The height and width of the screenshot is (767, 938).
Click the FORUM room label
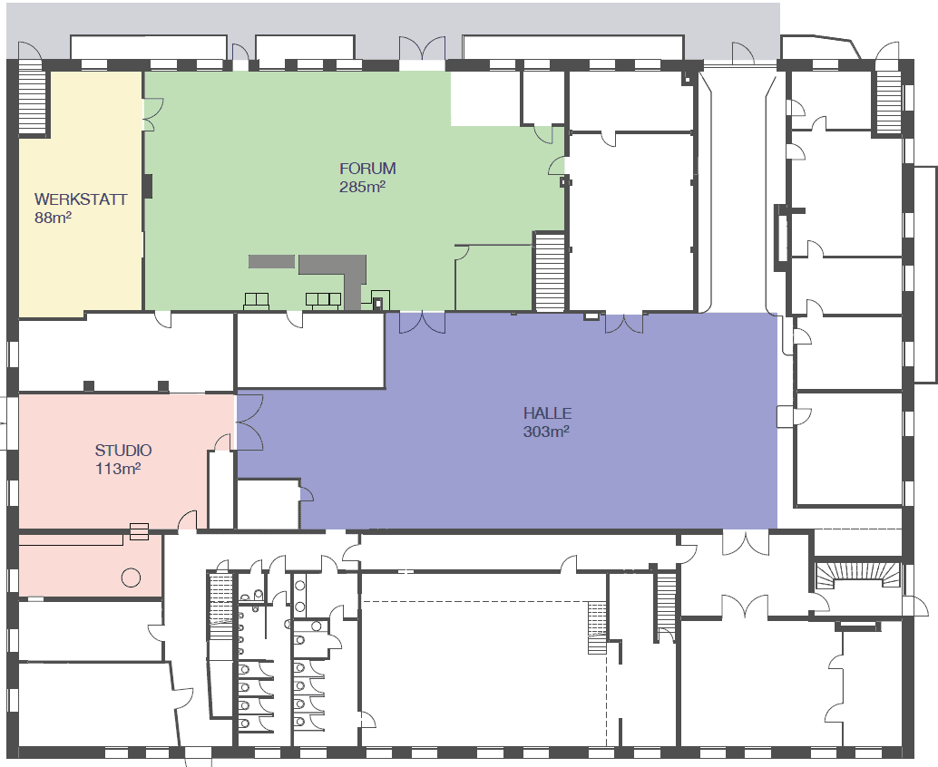(x=367, y=169)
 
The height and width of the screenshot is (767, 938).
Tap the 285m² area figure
(x=362, y=187)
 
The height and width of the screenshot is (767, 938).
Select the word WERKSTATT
(x=81, y=199)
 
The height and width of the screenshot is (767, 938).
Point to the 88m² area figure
(x=53, y=217)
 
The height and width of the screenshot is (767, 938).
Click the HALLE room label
(x=547, y=413)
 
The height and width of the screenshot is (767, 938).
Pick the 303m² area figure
(x=546, y=431)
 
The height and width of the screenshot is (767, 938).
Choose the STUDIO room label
(x=123, y=451)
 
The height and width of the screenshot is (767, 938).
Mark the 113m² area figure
(x=118, y=468)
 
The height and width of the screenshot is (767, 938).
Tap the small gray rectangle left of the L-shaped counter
(x=271, y=261)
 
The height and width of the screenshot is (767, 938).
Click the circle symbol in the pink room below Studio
(x=131, y=578)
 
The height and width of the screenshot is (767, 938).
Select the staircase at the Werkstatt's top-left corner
(x=32, y=100)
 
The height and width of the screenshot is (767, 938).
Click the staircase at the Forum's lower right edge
(x=549, y=272)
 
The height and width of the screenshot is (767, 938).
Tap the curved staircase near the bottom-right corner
(x=858, y=576)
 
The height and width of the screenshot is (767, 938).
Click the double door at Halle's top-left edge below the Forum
(x=423, y=323)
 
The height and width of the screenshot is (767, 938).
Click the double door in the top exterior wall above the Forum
(x=423, y=48)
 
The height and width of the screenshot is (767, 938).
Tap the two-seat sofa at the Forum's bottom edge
(x=256, y=301)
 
